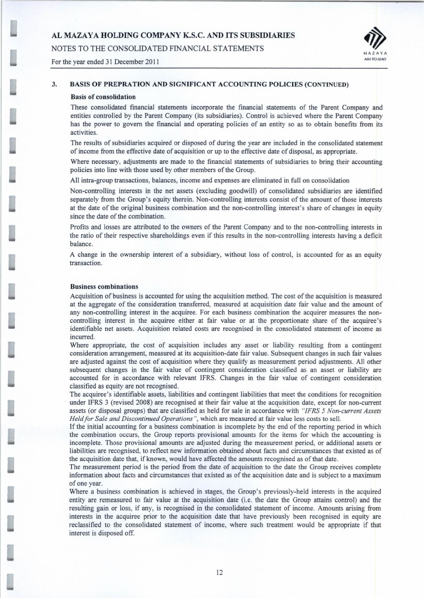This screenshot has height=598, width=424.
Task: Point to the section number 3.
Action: [54, 85]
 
